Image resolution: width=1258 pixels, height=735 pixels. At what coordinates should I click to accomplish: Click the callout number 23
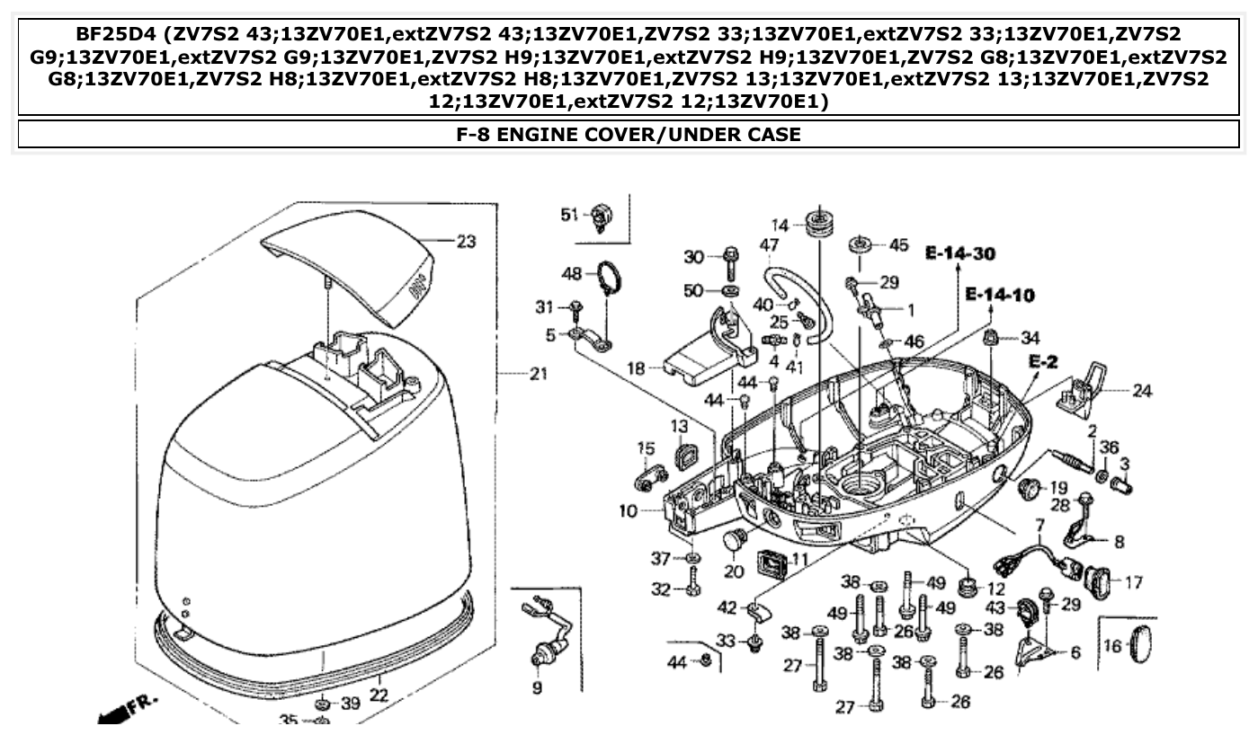[x=465, y=242]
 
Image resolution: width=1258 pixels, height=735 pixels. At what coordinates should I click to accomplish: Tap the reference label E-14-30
[x=960, y=254]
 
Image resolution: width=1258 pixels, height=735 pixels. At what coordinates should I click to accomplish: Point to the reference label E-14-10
[x=1000, y=295]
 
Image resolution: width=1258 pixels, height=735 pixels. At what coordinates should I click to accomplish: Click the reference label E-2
[x=1042, y=361]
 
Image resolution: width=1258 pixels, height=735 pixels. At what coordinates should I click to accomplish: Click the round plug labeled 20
[x=736, y=541]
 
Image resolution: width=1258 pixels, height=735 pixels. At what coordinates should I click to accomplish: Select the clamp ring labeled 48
[x=610, y=274]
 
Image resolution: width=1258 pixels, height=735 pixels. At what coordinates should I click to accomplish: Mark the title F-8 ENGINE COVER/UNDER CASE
[x=629, y=135]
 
